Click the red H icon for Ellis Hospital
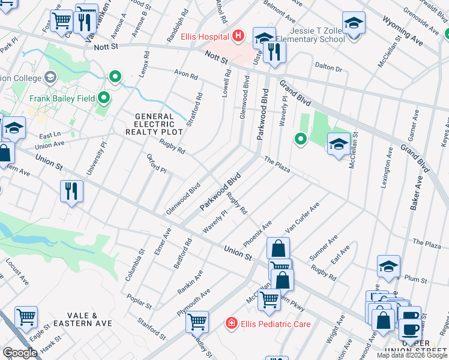(238, 37)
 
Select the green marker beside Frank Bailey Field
(104, 97)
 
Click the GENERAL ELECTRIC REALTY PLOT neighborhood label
(150, 124)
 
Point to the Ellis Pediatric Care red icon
(231, 324)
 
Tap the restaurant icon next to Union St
(71, 191)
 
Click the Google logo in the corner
(20, 353)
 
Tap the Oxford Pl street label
(156, 163)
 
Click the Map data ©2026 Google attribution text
(411, 355)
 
